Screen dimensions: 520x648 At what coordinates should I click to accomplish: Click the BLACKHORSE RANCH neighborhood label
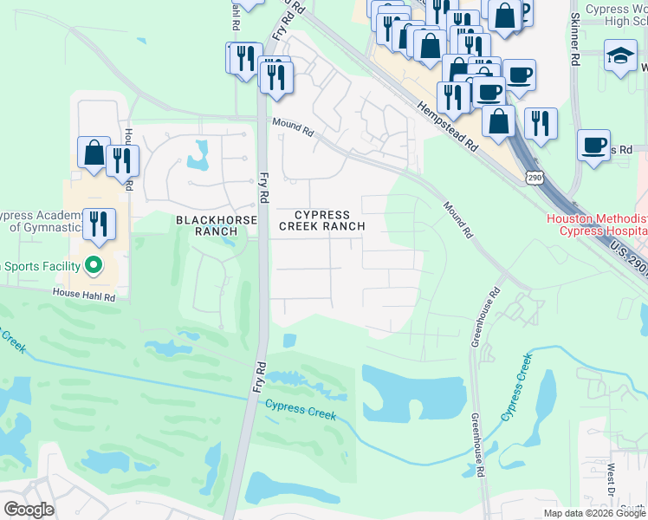point(217,226)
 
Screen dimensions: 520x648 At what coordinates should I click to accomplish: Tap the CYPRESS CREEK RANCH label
point(321,220)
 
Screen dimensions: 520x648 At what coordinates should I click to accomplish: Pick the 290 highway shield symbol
point(534,178)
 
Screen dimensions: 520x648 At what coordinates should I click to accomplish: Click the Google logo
point(29,509)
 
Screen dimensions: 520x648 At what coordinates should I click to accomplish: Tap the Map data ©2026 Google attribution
point(594,513)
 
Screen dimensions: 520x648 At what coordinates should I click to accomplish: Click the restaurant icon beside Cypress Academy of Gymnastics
point(99,224)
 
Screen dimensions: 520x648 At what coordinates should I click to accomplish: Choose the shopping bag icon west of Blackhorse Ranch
point(94,153)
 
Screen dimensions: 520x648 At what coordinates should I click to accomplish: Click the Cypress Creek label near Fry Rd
point(300,409)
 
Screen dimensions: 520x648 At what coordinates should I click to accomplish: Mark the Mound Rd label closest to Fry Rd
point(293,127)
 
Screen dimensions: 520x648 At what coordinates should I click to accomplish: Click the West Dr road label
point(612,479)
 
